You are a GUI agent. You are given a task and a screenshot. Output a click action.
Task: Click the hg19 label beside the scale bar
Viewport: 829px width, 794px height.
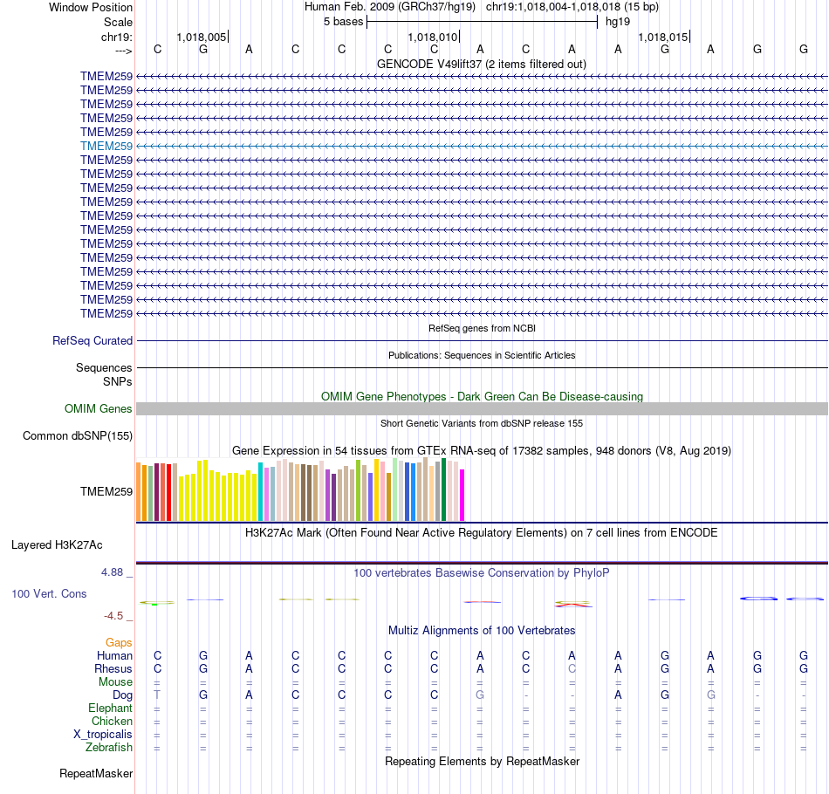[618, 21]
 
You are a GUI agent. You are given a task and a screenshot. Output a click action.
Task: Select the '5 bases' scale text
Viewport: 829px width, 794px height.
[343, 21]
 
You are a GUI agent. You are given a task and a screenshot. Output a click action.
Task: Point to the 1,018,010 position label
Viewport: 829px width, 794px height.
[433, 37]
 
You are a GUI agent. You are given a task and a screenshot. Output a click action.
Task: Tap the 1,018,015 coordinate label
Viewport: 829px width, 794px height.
[663, 37]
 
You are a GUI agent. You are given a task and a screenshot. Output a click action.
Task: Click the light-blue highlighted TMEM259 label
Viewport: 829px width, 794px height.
[106, 146]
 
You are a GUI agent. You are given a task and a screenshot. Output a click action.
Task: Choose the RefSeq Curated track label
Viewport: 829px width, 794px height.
[92, 341]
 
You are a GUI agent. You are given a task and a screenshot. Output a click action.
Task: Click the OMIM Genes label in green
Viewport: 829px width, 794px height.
[99, 409]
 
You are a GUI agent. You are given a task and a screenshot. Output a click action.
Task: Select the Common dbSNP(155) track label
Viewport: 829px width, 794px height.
[78, 436]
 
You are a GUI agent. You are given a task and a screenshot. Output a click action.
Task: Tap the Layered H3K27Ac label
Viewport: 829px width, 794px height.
[57, 545]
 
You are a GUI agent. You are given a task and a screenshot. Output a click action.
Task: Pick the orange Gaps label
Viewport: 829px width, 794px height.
[119, 642]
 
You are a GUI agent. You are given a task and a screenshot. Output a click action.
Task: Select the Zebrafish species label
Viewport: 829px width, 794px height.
[109, 748]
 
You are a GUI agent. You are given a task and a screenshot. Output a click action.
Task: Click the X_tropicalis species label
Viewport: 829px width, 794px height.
[103, 735]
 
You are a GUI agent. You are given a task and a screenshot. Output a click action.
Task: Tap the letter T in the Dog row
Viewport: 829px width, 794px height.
[157, 695]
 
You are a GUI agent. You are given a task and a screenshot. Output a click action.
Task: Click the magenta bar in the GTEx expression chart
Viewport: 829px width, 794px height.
[462, 495]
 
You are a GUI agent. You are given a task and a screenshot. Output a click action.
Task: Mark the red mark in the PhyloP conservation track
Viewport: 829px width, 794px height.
[573, 605]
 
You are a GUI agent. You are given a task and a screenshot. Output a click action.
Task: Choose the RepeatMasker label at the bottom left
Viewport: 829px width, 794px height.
[96, 774]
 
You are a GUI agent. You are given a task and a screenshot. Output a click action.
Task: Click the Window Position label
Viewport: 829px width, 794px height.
[91, 7]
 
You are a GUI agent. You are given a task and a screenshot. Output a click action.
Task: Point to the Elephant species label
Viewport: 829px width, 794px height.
[110, 708]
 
